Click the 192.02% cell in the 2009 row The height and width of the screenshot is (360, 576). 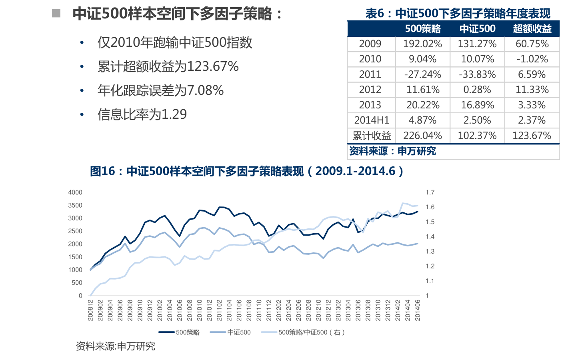[422, 44]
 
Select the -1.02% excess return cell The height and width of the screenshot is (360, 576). [532, 59]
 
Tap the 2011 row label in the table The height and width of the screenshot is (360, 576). [370, 74]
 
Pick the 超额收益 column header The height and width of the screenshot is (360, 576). [532, 29]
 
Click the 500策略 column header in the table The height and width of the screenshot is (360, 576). [422, 29]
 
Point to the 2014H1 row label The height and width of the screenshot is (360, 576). [372, 120]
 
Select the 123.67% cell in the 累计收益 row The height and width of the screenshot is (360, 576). [532, 136]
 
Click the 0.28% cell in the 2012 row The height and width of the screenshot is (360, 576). [477, 90]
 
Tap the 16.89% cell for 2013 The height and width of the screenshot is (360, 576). [477, 105]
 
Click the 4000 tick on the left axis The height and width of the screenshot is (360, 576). [75, 192]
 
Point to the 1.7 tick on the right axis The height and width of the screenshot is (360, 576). [430, 192]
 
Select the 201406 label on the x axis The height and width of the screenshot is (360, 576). [418, 310]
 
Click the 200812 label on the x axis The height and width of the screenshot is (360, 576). [90, 310]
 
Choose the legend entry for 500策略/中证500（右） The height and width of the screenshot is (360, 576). [311, 332]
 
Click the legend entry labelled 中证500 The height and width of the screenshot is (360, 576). [239, 332]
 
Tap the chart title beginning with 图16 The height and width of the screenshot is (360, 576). [246, 171]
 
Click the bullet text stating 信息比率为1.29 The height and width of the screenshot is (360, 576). [142, 114]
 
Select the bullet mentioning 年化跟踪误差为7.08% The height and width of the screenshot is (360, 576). [160, 90]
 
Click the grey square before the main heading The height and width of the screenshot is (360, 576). [56, 14]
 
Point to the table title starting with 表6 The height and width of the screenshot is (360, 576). [458, 14]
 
